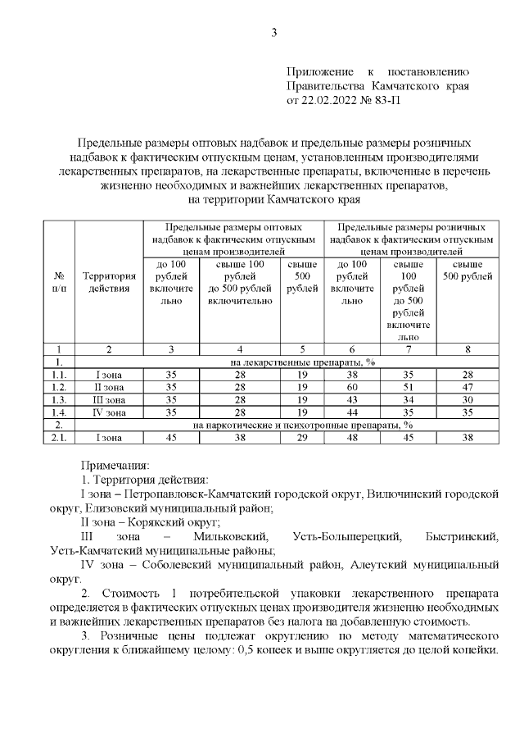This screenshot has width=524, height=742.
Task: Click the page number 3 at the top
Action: [274, 33]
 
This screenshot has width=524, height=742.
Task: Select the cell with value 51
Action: [408, 386]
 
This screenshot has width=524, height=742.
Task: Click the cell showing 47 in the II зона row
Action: [467, 386]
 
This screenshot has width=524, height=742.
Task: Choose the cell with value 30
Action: [467, 399]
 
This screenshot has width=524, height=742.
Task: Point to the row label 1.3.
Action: [59, 399]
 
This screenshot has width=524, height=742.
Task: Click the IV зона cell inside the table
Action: [109, 412]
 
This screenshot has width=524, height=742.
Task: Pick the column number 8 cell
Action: [467, 349]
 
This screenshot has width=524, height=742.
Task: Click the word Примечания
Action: [109, 465]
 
